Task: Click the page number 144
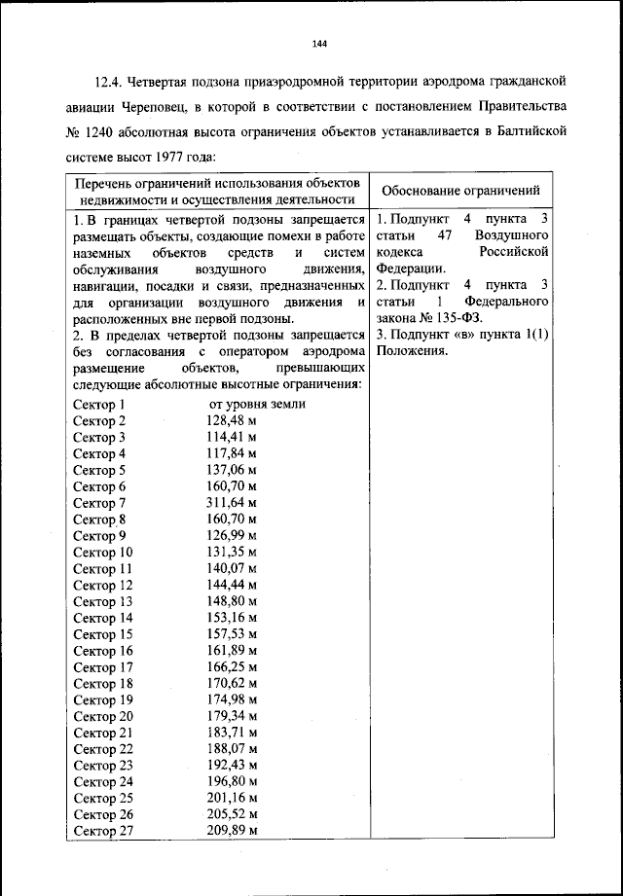coord(319,43)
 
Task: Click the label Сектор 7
coord(99,503)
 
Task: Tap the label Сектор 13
coord(102,601)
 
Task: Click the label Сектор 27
coord(102,831)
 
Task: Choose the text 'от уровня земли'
coord(258,404)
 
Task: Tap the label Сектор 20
coord(102,716)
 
